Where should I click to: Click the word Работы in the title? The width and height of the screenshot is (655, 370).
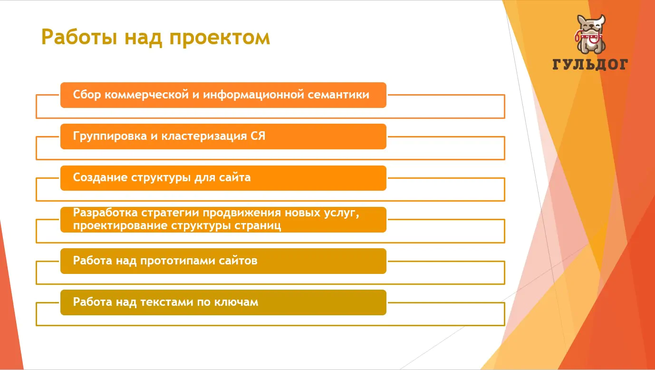coord(79,38)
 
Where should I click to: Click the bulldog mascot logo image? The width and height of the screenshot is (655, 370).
coord(590,34)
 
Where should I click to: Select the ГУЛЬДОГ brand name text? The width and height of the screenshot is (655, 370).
coord(590,65)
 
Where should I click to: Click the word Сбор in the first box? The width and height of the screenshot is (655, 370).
coord(87,95)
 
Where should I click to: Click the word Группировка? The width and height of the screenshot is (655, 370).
coord(110,136)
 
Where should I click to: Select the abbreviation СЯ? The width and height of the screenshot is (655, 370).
coord(258,136)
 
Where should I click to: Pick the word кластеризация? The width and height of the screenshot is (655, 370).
coord(204,136)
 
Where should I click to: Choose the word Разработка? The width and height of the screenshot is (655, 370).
coord(105,213)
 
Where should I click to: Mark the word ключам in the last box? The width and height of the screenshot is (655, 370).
coord(236,302)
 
